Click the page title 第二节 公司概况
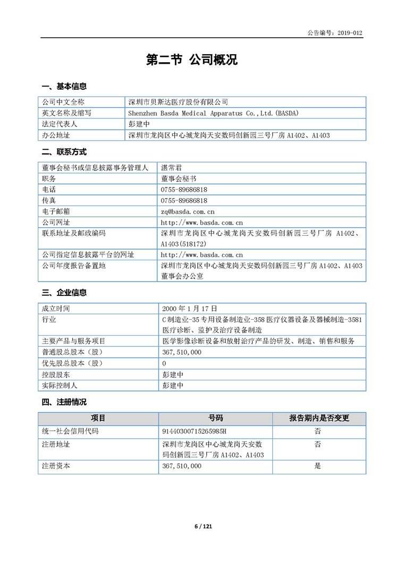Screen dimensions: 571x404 click(192, 60)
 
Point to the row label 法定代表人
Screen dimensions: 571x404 click(60, 124)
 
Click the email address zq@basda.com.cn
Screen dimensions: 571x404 click(188, 211)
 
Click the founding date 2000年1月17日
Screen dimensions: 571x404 click(190, 308)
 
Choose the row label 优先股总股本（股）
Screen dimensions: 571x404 click(73, 363)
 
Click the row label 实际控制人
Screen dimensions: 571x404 click(60, 386)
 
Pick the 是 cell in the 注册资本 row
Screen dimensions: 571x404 click(318, 466)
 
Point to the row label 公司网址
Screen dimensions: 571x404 click(56, 223)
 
